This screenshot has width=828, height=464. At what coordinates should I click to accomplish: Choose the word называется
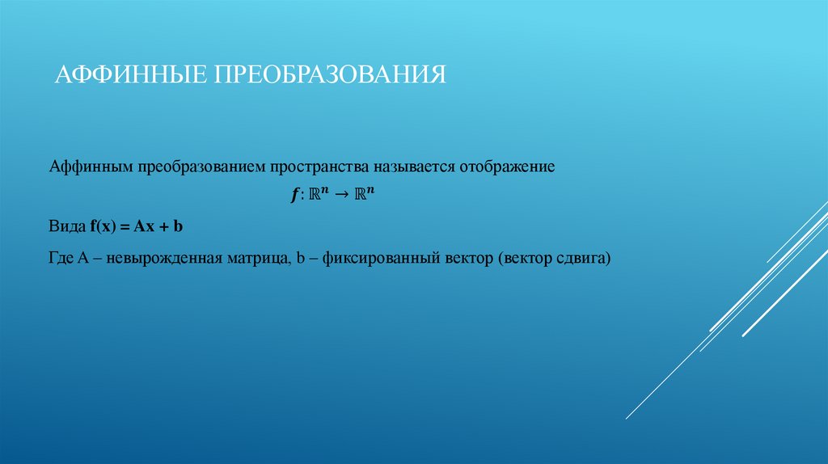click(x=413, y=168)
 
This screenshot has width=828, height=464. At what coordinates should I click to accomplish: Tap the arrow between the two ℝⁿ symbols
click(x=342, y=196)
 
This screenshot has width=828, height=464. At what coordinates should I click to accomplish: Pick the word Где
click(x=62, y=259)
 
